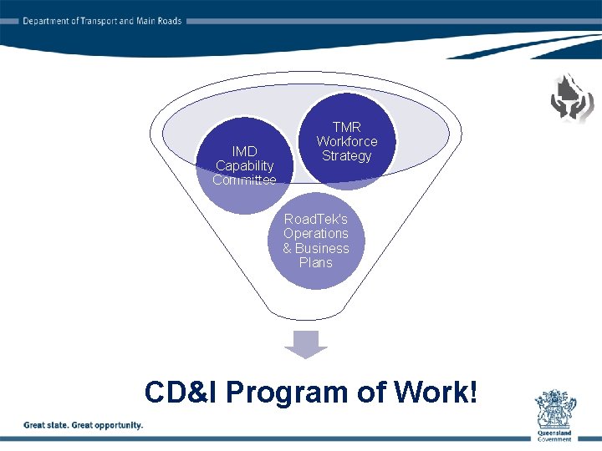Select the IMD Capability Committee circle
click(x=244, y=165)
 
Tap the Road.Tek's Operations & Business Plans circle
click(x=315, y=241)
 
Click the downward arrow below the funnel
click(x=307, y=342)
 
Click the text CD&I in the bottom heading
click(x=181, y=392)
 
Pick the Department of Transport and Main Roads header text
click(x=102, y=21)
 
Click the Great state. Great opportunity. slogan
click(x=83, y=425)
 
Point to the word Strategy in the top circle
click(x=346, y=156)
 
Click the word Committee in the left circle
click(x=244, y=180)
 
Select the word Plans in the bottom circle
click(x=315, y=263)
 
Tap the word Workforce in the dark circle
click(x=346, y=141)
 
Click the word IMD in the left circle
click(x=244, y=151)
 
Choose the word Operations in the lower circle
click(x=315, y=234)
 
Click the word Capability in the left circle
click(x=244, y=165)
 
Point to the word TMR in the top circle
click(x=346, y=127)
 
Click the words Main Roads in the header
click(x=158, y=21)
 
